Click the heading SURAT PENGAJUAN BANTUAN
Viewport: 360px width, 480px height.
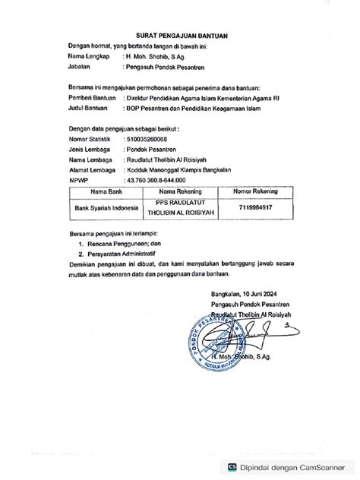click(179, 35)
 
